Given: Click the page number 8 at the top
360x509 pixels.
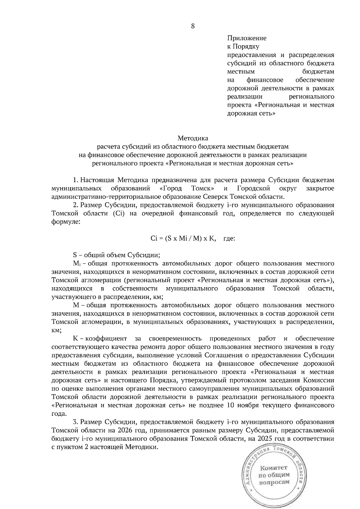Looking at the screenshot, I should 193,26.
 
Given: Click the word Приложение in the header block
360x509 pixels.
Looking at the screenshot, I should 247,38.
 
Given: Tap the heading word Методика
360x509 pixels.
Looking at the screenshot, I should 193,138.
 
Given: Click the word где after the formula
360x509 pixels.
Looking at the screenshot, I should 229,239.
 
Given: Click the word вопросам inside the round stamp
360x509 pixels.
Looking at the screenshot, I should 274,482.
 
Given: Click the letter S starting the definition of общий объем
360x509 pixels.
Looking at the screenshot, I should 75,255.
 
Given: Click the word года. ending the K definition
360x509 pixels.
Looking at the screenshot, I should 58,414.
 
